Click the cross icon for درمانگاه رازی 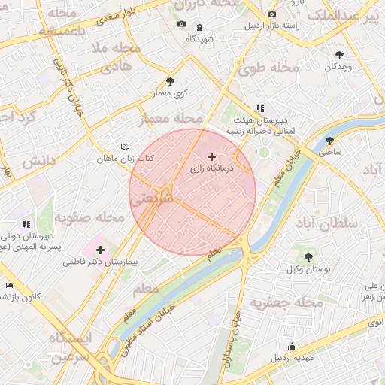click(211, 156)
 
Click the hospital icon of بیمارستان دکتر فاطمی click(101, 249)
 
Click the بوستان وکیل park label click(308, 269)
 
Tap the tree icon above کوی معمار click(171, 82)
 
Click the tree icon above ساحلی click(329, 140)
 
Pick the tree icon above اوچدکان click(339, 54)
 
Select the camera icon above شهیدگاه click(181, 24)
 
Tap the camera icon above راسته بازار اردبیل click(271, 14)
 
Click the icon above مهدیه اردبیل click(293, 347)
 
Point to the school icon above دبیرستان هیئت click(260, 108)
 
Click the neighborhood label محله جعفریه click(286, 303)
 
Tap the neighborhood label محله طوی click(268, 68)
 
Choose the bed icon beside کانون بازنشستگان click(8, 285)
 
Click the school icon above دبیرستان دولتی click(26, 223)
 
